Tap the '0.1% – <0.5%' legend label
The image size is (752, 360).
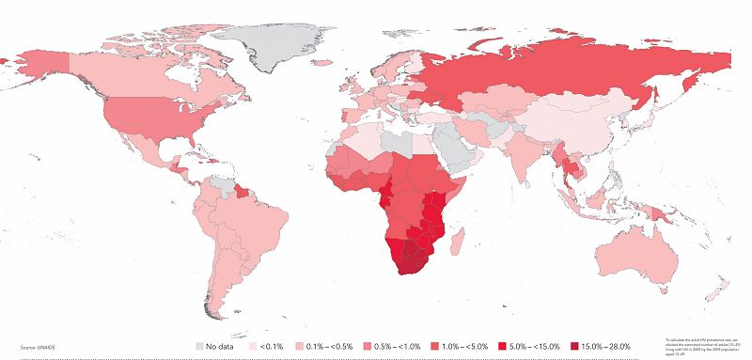click(330, 346)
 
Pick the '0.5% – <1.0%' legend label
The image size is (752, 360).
click(399, 346)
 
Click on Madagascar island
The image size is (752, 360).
click(458, 243)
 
